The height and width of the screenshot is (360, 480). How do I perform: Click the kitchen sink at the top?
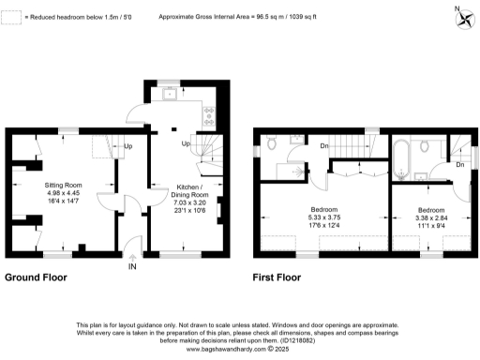[x=171, y=94]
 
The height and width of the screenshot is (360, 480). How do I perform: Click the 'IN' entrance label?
[x=132, y=266]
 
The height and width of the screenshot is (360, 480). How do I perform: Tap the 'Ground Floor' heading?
[x=40, y=278]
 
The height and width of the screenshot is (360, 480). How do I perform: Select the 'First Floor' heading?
[x=279, y=278]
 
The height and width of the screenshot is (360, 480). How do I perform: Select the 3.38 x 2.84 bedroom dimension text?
[x=431, y=216]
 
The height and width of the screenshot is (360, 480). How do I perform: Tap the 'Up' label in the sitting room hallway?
[x=128, y=146]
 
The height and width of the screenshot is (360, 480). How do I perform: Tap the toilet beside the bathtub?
[x=426, y=145]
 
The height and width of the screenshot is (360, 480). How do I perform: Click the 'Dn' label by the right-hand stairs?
[x=459, y=164]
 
